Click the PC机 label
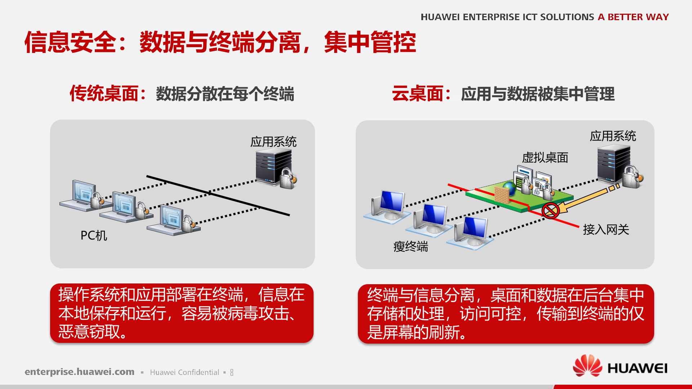[x=94, y=236]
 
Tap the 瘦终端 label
[x=411, y=247]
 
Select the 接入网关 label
[x=606, y=229]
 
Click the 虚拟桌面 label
[x=545, y=158]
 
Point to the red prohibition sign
[x=550, y=210]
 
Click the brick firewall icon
[x=501, y=195]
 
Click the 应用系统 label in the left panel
[x=273, y=142]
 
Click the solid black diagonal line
[x=218, y=196]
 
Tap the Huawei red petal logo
[x=587, y=366]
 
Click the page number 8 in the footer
[x=232, y=372]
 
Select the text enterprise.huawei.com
[x=79, y=372]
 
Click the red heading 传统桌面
[x=104, y=94]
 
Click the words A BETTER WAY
[x=633, y=17]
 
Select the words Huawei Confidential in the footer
[x=184, y=372]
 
